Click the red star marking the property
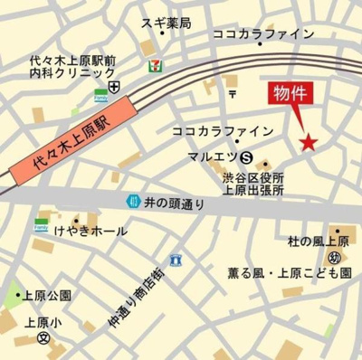pyautogui.click(x=309, y=142)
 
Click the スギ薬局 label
pyautogui.click(x=166, y=24)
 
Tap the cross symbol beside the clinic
pyautogui.click(x=114, y=86)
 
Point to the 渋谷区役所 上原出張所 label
pyautogui.click(x=253, y=184)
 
